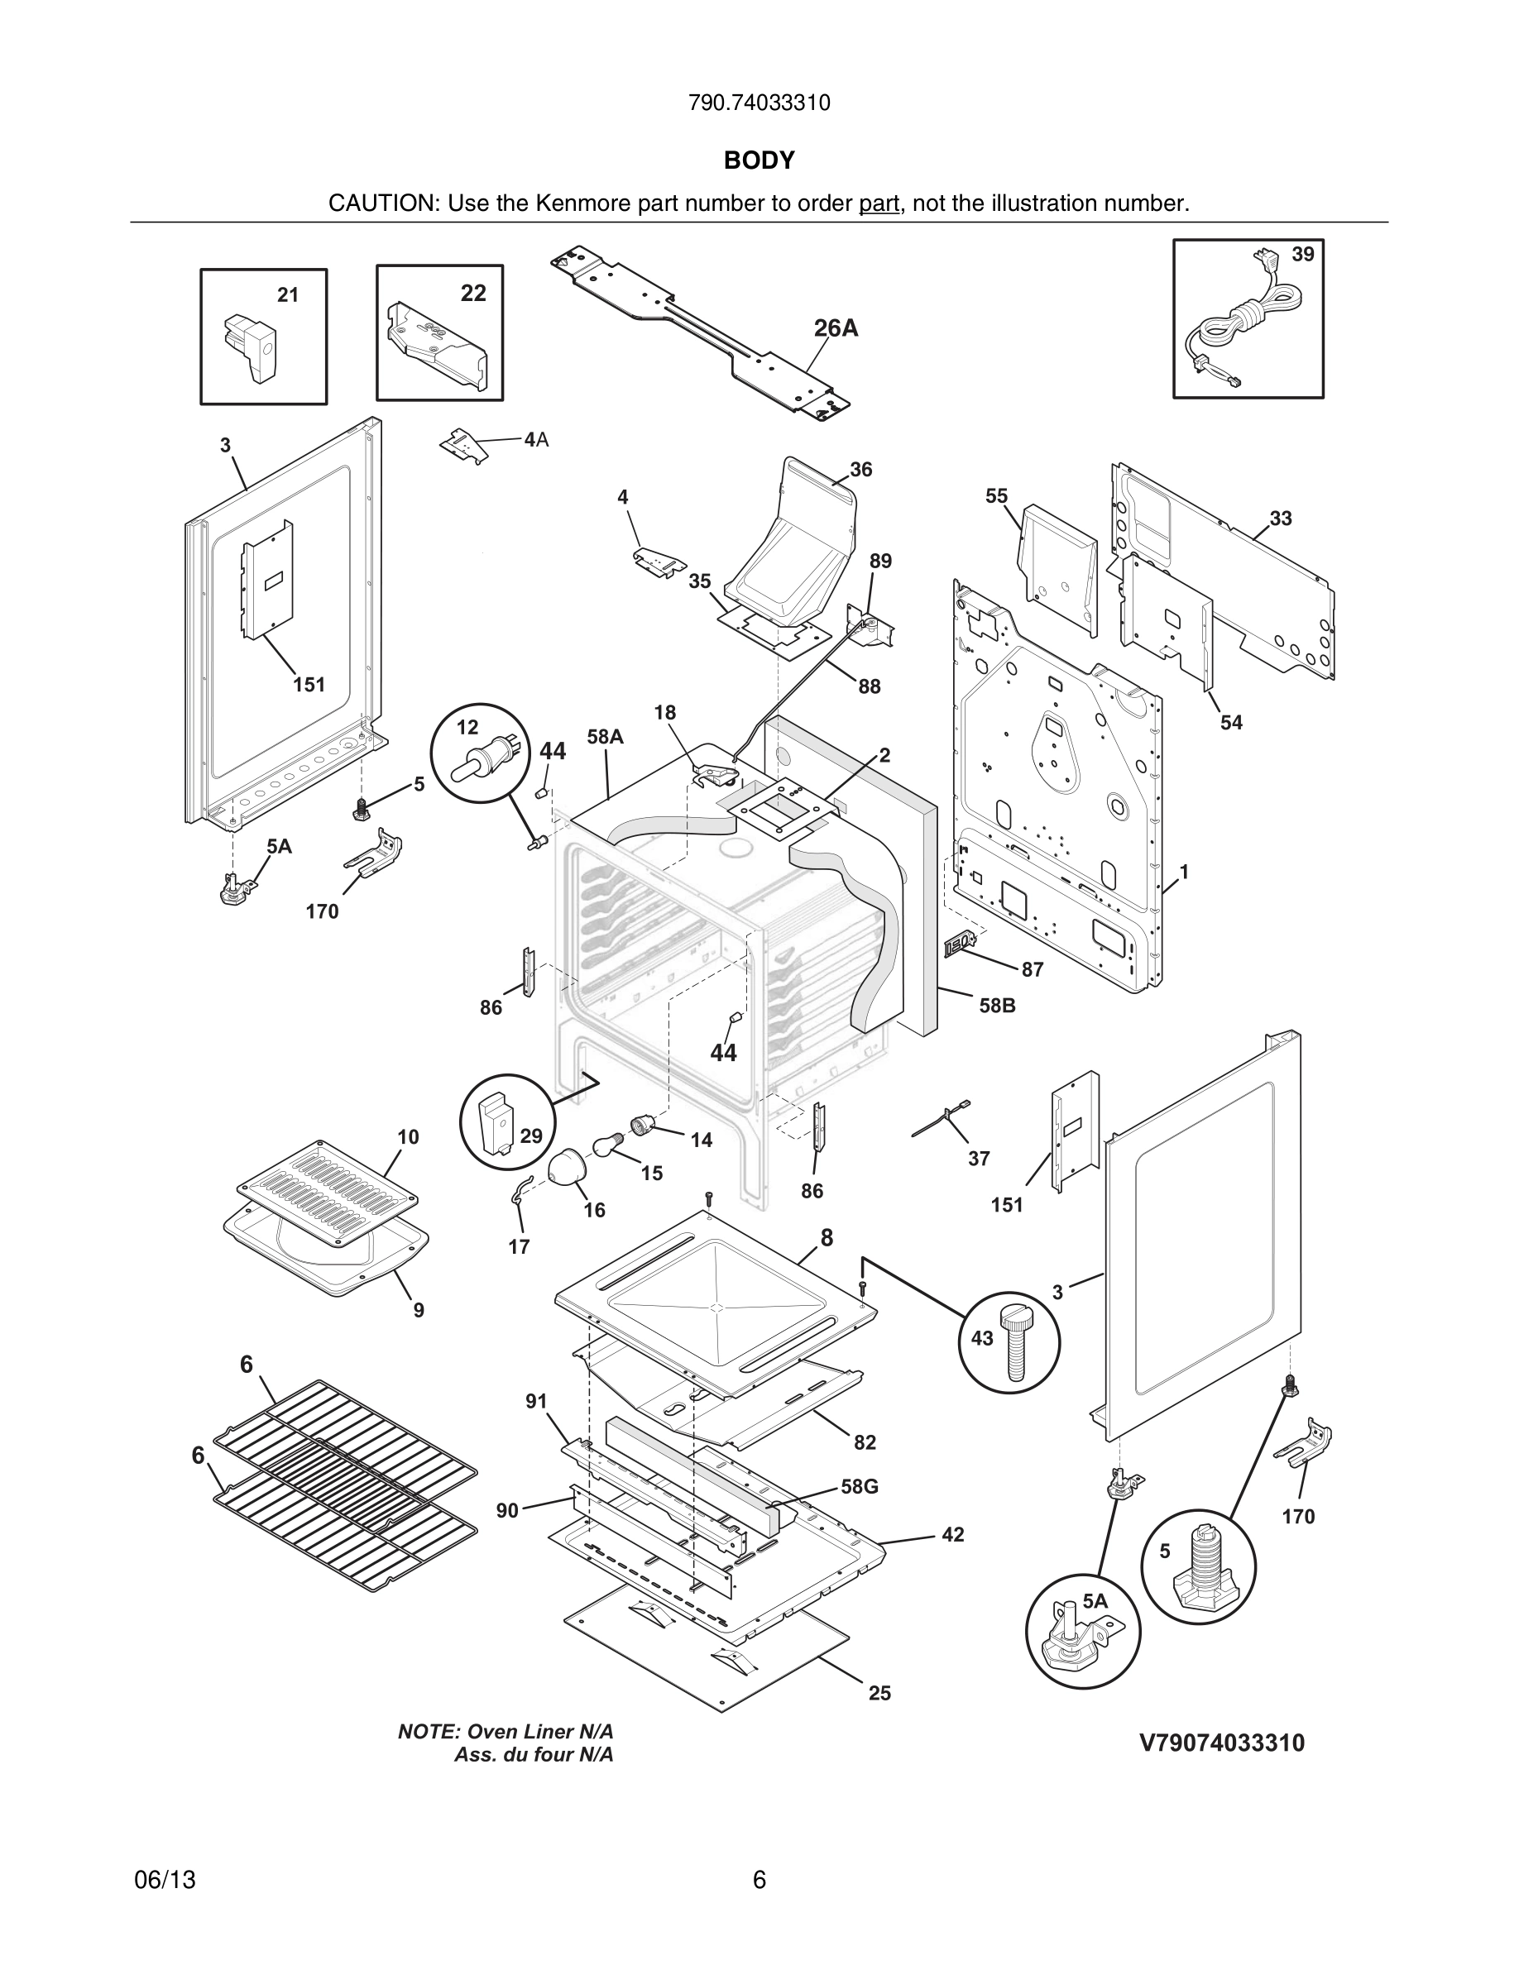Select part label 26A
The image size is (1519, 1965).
pos(835,329)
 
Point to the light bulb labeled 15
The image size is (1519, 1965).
pos(606,1147)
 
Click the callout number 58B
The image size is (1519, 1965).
pos(997,1006)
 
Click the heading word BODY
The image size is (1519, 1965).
pos(759,160)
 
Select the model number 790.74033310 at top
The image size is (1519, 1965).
pos(759,103)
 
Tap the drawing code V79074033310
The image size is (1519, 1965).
pos(1221,1743)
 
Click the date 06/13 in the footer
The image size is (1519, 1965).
pos(165,1881)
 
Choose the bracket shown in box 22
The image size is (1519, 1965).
pos(438,346)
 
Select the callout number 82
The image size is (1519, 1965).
pos(865,1443)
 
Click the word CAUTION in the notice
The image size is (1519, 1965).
pos(381,203)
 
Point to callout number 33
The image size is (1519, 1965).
pos(1281,519)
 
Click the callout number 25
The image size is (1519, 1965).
pos(879,1693)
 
